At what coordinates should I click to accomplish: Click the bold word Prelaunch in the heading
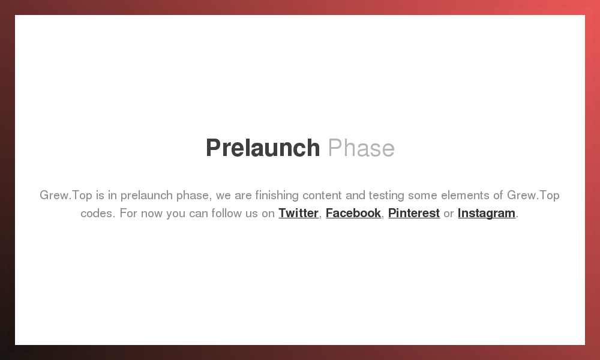(x=263, y=148)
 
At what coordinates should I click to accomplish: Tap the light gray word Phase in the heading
(x=361, y=148)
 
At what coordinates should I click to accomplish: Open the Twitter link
(x=298, y=213)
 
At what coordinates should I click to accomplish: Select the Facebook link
(x=353, y=213)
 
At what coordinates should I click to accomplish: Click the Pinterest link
(x=414, y=213)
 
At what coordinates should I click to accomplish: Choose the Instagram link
(x=487, y=213)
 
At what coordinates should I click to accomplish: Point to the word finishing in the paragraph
(x=277, y=196)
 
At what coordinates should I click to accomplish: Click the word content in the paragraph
(x=322, y=196)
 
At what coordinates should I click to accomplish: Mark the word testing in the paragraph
(x=386, y=196)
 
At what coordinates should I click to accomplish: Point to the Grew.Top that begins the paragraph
(x=66, y=196)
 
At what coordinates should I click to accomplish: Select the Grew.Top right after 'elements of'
(x=533, y=196)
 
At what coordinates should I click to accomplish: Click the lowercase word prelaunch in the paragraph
(x=146, y=196)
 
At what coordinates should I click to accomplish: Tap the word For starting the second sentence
(x=128, y=213)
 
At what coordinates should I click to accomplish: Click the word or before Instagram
(x=448, y=214)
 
